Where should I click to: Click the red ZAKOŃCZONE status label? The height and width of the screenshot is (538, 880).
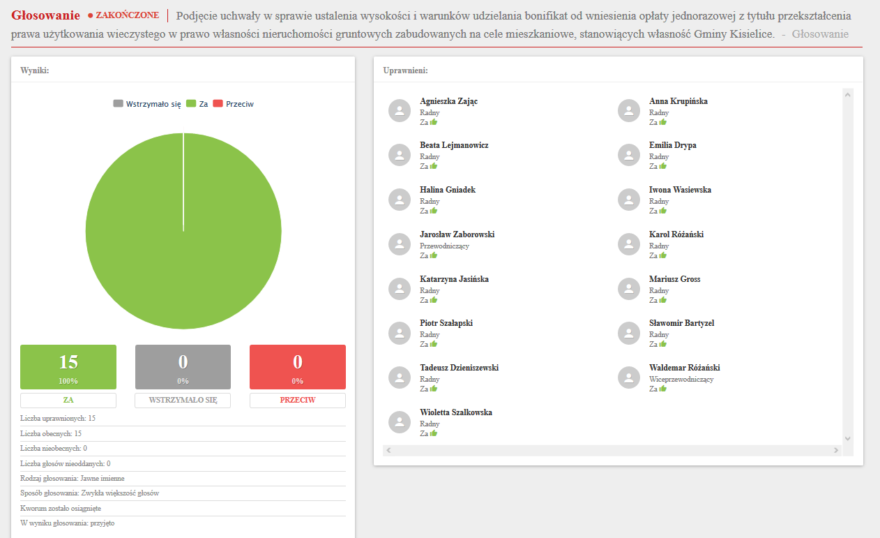pos(127,15)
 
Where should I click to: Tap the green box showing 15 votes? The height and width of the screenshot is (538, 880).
pos(68,366)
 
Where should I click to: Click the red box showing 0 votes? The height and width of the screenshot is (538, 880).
pos(298,366)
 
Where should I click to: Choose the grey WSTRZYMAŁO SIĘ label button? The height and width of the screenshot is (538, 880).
pos(183,401)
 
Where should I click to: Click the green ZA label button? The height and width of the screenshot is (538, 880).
pos(68,401)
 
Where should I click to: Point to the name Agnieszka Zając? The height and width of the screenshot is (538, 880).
pos(448,101)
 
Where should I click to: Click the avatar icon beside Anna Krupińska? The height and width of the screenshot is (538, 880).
pos(629,111)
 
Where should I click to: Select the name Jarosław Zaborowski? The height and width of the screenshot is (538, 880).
pos(457,234)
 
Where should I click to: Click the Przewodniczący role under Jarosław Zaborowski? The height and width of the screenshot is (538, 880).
pos(444,246)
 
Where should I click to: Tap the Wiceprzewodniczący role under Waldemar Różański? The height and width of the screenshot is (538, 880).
pos(681,380)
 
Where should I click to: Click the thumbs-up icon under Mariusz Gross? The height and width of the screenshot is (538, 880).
pos(663,300)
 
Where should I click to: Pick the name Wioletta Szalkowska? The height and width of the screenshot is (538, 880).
pos(456,412)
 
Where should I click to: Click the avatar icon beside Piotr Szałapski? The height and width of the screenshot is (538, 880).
pos(400,333)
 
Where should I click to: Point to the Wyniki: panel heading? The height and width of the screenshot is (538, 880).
pos(35,70)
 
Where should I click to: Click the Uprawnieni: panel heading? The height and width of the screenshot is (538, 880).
pos(405,70)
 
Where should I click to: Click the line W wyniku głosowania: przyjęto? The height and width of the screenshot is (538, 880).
pos(68,523)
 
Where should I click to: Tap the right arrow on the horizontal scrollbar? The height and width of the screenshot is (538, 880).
pos(837,451)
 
